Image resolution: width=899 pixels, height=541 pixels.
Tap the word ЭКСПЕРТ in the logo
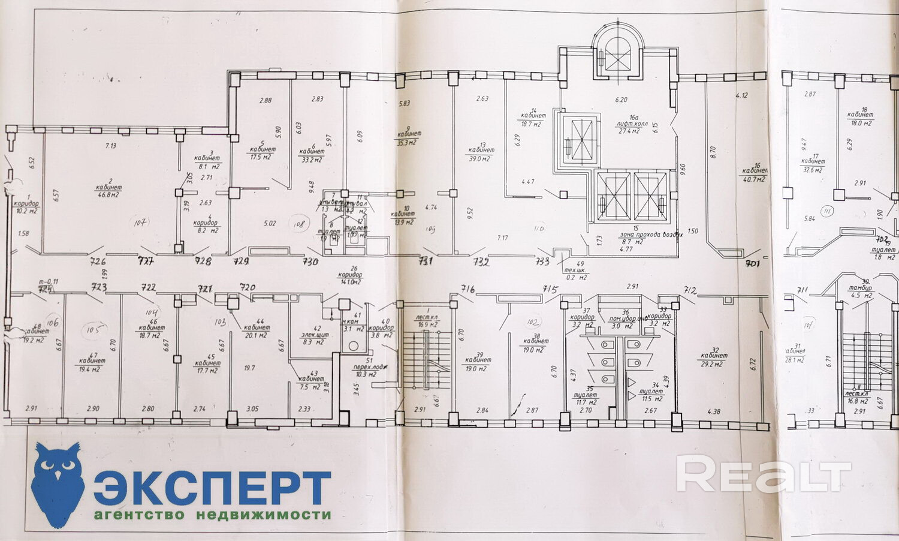(212, 488)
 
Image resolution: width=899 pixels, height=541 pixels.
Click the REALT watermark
(764, 474)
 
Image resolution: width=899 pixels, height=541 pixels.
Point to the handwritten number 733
(543, 262)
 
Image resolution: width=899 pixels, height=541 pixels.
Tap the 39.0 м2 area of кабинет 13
(479, 158)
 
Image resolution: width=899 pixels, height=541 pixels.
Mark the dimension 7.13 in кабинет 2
(110, 146)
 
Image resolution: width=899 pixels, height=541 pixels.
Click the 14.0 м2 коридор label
(351, 281)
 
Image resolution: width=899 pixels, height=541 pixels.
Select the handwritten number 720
(247, 287)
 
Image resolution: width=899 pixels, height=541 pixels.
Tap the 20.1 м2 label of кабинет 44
(256, 335)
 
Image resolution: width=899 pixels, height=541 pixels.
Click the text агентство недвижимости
(212, 515)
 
